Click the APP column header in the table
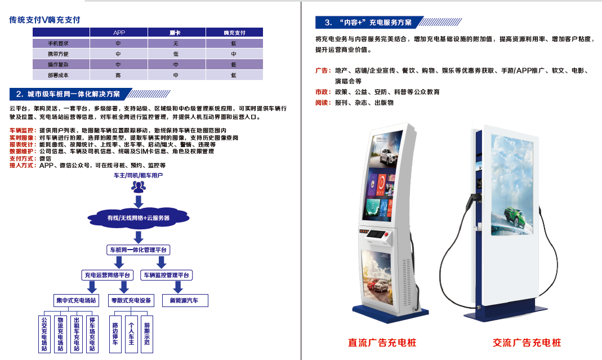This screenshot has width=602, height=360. click(x=119, y=33)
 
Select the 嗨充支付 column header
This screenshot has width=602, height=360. click(x=234, y=33)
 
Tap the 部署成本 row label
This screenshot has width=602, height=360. click(x=58, y=75)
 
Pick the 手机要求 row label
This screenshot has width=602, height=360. click(x=58, y=43)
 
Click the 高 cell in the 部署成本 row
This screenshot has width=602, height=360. click(x=118, y=75)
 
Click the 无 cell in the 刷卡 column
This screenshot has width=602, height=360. click(x=176, y=43)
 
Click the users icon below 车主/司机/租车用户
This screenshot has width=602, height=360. click(x=138, y=186)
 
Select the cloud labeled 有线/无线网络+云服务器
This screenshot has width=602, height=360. click(x=138, y=218)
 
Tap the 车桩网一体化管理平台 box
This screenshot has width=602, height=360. click(x=138, y=250)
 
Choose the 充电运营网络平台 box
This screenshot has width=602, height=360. click(x=108, y=275)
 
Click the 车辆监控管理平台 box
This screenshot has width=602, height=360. click(x=167, y=275)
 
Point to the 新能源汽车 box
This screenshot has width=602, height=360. click(x=185, y=300)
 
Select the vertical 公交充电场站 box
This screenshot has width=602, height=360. click(x=44, y=334)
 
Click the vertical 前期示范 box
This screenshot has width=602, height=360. click(x=146, y=334)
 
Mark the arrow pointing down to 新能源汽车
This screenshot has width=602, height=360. click(x=178, y=287)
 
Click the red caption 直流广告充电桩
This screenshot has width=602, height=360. click(x=382, y=343)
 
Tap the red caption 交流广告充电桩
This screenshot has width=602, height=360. click(x=527, y=343)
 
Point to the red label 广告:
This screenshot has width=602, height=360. click(x=323, y=70)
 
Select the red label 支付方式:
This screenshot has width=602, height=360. click(x=23, y=158)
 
